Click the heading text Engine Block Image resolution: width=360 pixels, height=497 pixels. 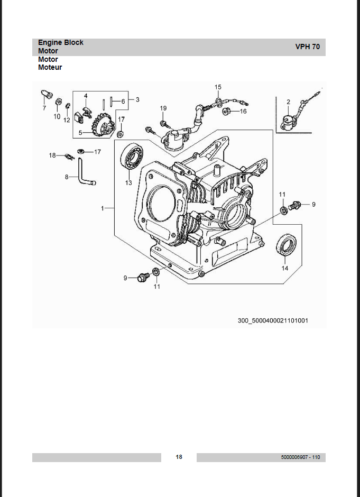click(60, 42)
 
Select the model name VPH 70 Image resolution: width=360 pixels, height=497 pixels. click(307, 47)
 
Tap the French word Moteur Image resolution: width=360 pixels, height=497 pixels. click(50, 67)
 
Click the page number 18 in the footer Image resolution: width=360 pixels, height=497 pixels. click(179, 457)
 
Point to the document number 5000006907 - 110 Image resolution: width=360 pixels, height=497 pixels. click(300, 457)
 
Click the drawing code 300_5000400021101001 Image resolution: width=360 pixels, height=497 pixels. click(273, 320)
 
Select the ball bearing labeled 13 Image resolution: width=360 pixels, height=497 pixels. click(131, 157)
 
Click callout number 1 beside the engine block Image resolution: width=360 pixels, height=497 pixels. click(102, 208)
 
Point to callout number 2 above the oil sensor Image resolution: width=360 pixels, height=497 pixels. click(289, 102)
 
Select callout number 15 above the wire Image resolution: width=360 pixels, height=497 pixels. click(218, 87)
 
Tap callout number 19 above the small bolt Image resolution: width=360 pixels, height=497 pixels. click(163, 108)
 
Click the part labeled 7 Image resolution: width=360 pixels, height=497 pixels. click(47, 95)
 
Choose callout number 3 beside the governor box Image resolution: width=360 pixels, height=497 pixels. click(137, 99)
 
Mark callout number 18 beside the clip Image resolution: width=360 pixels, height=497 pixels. click(52, 155)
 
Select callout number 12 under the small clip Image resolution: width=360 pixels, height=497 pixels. click(67, 120)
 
